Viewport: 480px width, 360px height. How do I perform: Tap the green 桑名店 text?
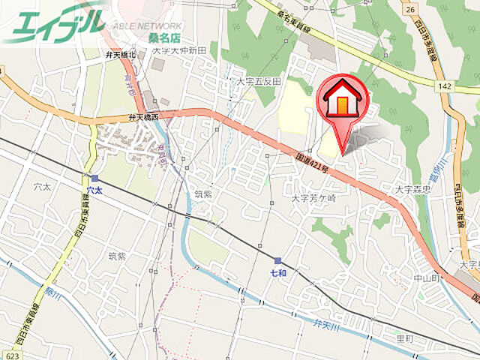coord(144,37)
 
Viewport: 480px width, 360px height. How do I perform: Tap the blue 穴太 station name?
coord(94,191)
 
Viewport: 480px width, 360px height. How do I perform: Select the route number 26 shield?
coord(409,9)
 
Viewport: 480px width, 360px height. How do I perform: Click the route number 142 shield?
coord(444,88)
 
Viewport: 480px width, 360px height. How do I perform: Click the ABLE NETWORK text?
coord(148,25)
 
